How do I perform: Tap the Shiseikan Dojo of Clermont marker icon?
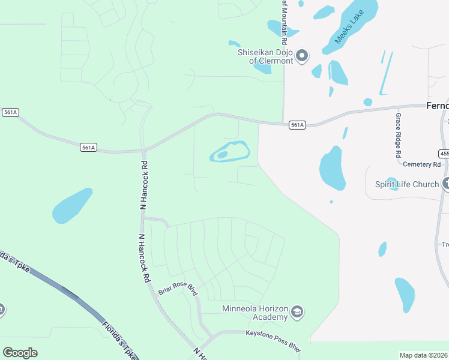302,56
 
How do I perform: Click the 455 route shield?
444,154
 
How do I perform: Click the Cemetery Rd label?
422,164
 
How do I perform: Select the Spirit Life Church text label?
407,184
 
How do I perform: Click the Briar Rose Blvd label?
178,289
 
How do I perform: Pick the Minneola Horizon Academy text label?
255,313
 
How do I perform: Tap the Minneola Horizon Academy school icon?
297,312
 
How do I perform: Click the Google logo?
20,353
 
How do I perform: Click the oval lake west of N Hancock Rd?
72,206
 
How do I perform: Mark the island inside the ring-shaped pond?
222,155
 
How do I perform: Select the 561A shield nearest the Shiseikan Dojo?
297,125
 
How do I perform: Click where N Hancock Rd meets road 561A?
144,150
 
